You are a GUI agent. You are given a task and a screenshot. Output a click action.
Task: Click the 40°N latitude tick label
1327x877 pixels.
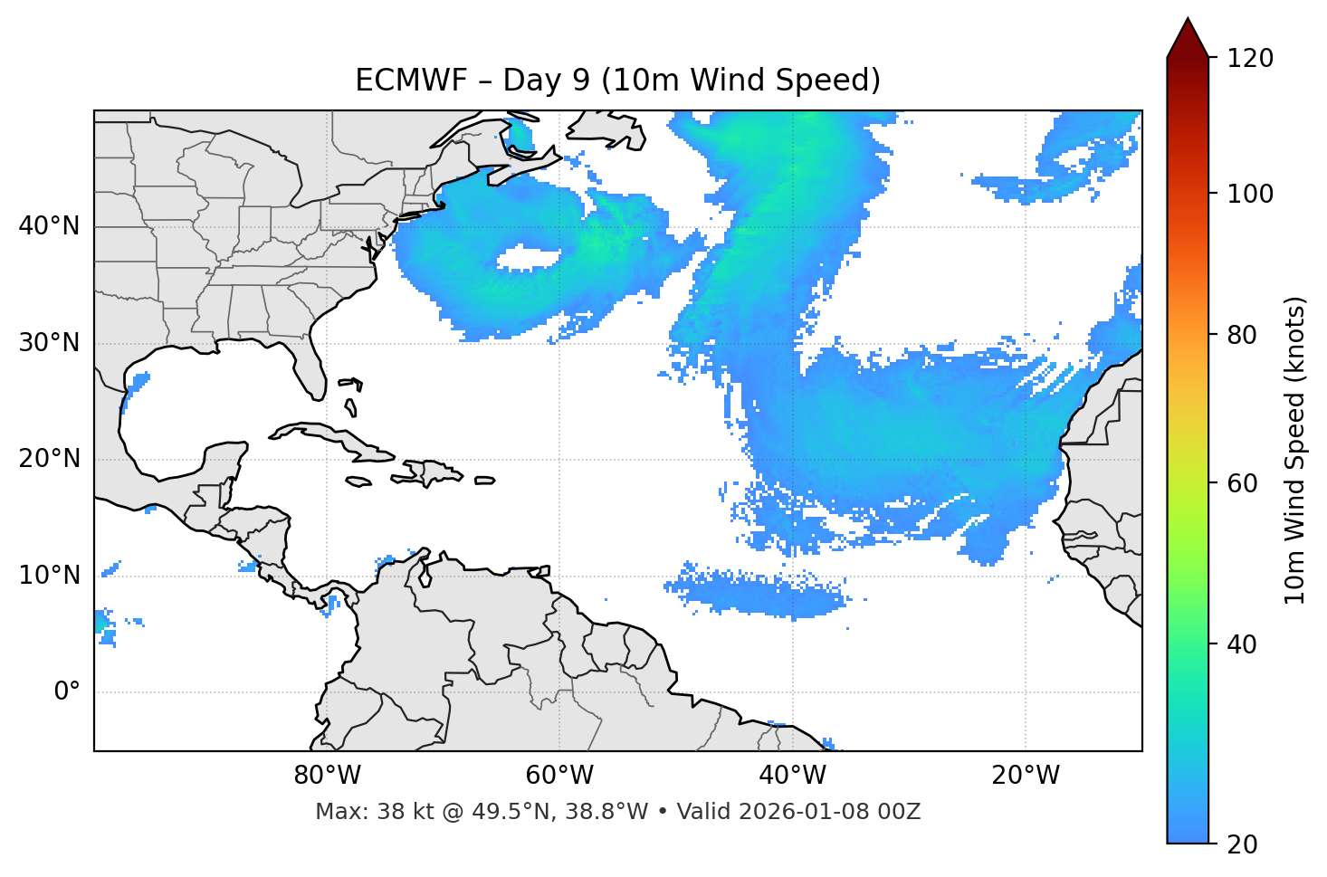pyautogui.click(x=49, y=226)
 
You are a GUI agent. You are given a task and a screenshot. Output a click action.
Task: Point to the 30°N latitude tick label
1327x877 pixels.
pyautogui.click(x=49, y=343)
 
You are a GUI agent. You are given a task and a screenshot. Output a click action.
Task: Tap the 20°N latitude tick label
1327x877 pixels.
pyautogui.click(x=49, y=460)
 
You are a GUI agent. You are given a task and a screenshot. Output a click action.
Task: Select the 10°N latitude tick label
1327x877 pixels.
pyautogui.click(x=49, y=576)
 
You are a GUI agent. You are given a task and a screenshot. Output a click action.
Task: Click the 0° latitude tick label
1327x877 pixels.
pyautogui.click(x=67, y=692)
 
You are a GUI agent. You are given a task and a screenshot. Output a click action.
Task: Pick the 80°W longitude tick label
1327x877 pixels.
pyautogui.click(x=327, y=776)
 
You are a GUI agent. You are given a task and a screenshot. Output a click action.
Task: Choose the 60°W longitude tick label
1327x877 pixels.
pyautogui.click(x=559, y=776)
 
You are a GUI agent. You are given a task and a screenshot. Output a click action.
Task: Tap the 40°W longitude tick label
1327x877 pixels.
pyautogui.click(x=793, y=776)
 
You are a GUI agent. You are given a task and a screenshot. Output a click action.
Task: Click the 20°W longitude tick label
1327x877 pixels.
pyautogui.click(x=1026, y=776)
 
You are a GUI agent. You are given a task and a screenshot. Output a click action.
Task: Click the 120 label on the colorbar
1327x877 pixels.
pyautogui.click(x=1250, y=59)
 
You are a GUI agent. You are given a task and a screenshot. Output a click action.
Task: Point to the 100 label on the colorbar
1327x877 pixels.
pyautogui.click(x=1250, y=194)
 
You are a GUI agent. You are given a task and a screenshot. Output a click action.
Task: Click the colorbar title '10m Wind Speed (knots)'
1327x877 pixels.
pyautogui.click(x=1295, y=450)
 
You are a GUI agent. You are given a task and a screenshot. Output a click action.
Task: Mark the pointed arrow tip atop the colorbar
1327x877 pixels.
pyautogui.click(x=1188, y=20)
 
